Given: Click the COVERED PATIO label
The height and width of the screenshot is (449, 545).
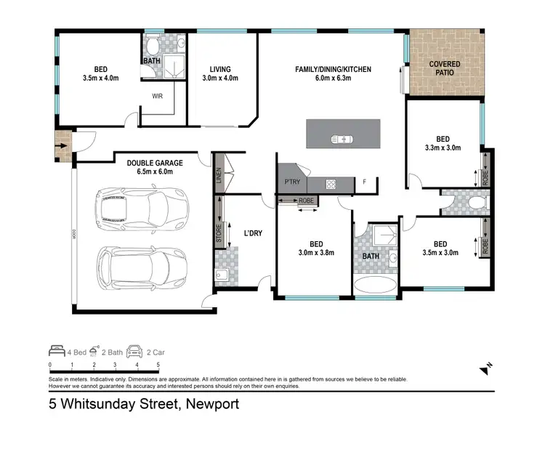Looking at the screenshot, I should [x=444, y=68].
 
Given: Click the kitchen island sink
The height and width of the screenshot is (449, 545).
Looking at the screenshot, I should [x=342, y=139].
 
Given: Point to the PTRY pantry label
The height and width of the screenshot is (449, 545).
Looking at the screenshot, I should [x=293, y=182].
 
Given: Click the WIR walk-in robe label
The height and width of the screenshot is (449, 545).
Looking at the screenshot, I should [x=157, y=96].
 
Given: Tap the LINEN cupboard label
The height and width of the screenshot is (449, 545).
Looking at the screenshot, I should [x=218, y=174].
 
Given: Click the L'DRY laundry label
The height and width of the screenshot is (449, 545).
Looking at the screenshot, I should [x=253, y=233].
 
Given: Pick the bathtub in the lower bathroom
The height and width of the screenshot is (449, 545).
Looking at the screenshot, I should [x=375, y=281].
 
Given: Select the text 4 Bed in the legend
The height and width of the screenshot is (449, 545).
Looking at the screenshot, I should [x=76, y=352].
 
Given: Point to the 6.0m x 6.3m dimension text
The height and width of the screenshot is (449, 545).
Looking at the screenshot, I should [x=333, y=79].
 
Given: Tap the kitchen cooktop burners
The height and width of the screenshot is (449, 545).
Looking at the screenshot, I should [x=331, y=184].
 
